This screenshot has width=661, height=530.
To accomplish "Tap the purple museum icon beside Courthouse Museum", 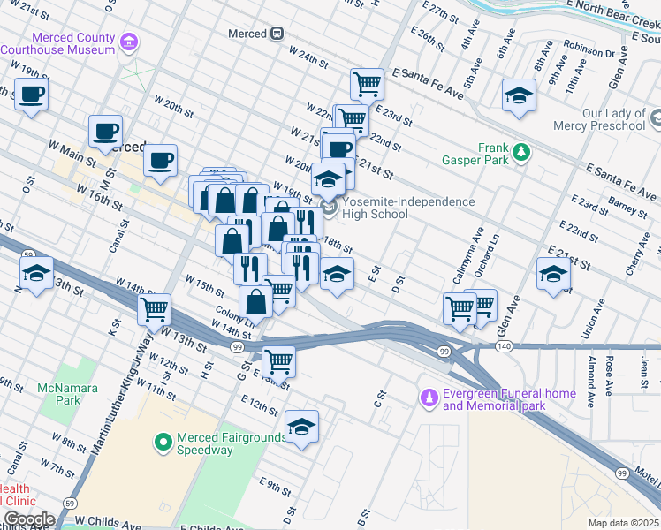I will [130, 42].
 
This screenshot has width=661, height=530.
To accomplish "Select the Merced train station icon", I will [277, 34].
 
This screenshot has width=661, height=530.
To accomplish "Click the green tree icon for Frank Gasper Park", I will [522, 153].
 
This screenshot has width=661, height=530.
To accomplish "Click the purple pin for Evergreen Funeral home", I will [429, 398].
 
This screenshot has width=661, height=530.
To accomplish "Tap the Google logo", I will [29, 519].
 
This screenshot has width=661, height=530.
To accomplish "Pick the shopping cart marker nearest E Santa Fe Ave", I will [367, 86].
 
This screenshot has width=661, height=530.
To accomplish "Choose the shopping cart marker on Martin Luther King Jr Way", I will [155, 310].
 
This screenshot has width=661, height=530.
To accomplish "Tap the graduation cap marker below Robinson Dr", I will [519, 97].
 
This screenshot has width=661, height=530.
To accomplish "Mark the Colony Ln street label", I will [233, 315].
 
